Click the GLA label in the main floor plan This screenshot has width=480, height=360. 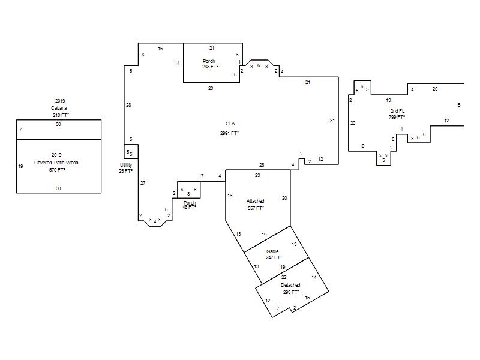(x=230, y=124)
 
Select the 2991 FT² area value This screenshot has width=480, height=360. (x=229, y=133)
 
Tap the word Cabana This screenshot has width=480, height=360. (x=59, y=108)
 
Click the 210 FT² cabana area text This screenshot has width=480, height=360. (x=61, y=115)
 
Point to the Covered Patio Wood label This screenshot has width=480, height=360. (x=56, y=163)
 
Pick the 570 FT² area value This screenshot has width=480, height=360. (x=57, y=170)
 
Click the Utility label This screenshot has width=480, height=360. (x=126, y=166)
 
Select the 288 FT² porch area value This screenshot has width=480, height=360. (x=210, y=67)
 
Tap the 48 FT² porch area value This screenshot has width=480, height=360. (x=189, y=207)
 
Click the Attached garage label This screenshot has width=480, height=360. (x=256, y=201)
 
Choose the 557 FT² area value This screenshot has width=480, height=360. (x=256, y=208)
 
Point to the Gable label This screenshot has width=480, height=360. (x=272, y=251)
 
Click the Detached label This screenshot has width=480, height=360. (x=290, y=285)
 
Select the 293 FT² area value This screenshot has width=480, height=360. (x=291, y=292)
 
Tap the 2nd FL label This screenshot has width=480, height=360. (x=397, y=111)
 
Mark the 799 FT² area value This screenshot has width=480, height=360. (x=397, y=117)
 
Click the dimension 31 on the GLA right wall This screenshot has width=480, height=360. (x=332, y=121)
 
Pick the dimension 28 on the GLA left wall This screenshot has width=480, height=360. (x=128, y=106)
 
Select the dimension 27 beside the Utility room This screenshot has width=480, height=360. (x=143, y=183)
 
